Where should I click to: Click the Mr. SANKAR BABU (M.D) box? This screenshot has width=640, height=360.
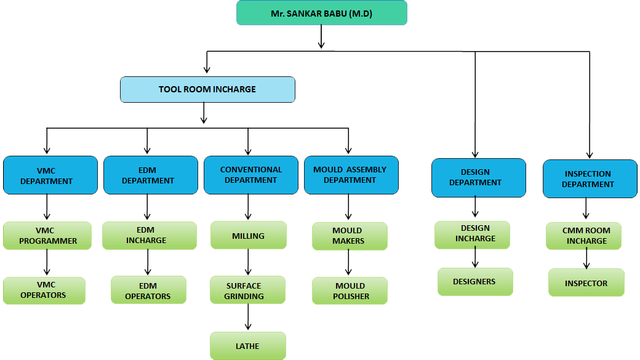click(x=321, y=13)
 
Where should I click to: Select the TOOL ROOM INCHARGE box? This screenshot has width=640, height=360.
click(x=207, y=89)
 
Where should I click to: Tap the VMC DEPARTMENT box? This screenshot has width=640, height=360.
click(x=50, y=175)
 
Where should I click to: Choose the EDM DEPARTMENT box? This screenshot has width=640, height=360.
click(x=148, y=175)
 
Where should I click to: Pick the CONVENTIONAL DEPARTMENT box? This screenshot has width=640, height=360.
click(x=250, y=175)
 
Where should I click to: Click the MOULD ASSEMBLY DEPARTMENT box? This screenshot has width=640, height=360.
click(x=350, y=175)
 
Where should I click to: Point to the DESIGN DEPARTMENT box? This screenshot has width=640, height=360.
click(x=479, y=177)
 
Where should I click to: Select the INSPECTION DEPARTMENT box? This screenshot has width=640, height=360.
click(x=590, y=178)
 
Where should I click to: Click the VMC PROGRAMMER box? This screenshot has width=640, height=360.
click(x=47, y=236)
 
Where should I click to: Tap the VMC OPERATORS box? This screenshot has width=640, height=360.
click(x=44, y=290)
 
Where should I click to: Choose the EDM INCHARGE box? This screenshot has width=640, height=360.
click(x=149, y=236)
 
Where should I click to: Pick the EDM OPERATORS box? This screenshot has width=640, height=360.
click(x=148, y=290)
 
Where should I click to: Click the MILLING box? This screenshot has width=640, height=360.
click(x=248, y=236)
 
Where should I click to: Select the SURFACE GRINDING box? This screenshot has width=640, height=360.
click(x=247, y=290)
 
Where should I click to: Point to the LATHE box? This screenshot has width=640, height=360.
click(x=247, y=346)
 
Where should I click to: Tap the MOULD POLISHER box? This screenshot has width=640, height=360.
click(x=350, y=290)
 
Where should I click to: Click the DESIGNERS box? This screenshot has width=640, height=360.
click(x=474, y=282)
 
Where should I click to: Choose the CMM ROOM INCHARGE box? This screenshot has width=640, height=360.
click(x=583, y=236)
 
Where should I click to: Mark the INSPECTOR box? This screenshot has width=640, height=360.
click(x=586, y=282)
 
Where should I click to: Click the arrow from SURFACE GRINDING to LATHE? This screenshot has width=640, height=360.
click(x=248, y=318)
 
